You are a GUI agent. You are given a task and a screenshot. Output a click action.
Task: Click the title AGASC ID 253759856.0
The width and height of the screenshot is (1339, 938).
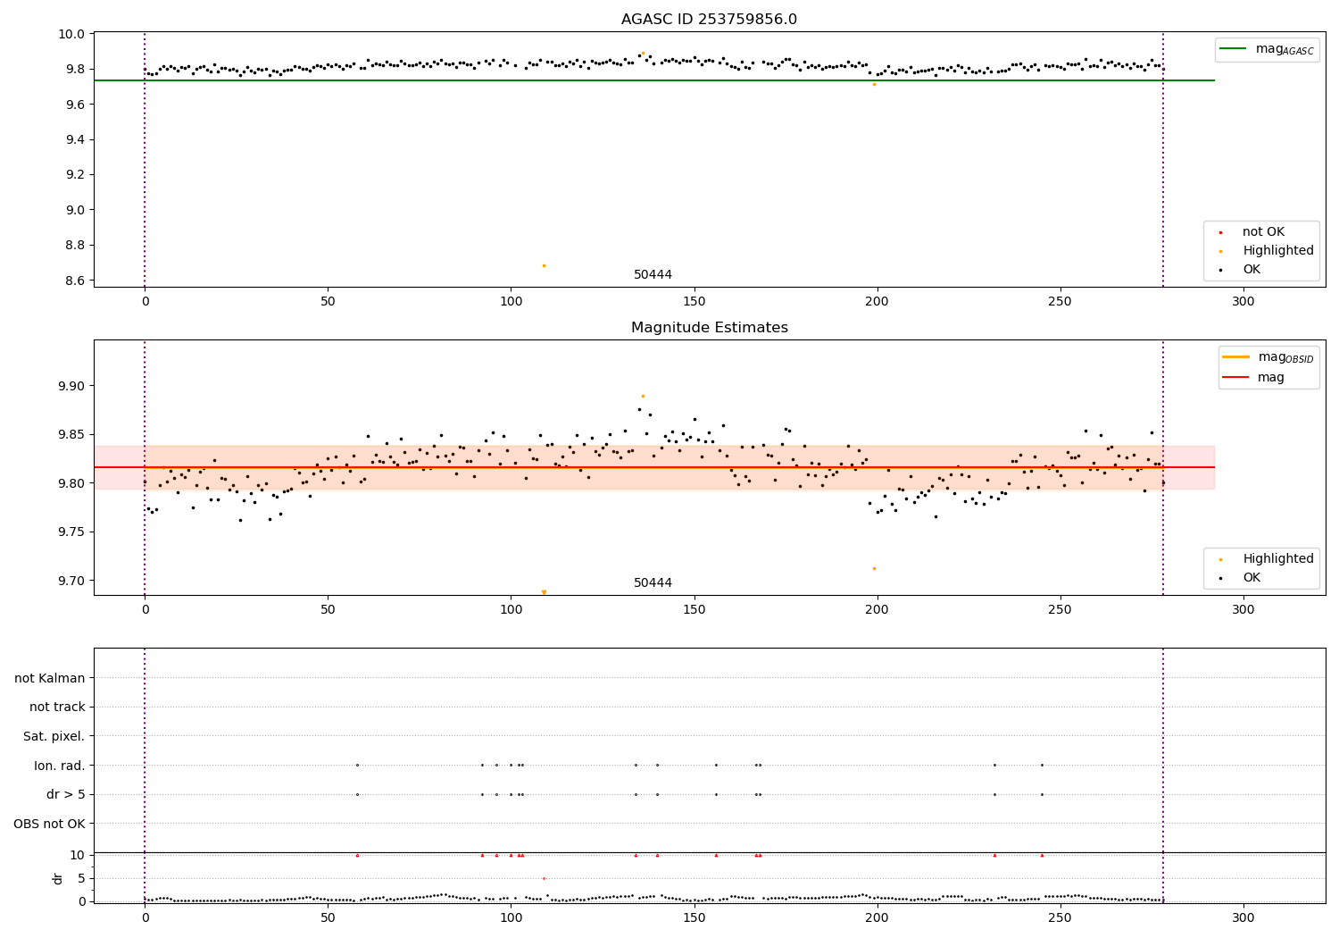coord(709,20)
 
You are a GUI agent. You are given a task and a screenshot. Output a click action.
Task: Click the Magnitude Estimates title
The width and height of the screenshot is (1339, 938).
coord(709,328)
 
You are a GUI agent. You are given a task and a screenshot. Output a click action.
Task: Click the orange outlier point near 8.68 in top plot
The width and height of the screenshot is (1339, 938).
coord(544,265)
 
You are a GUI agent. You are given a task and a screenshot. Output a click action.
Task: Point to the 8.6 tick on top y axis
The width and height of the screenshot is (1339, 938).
coord(74,281)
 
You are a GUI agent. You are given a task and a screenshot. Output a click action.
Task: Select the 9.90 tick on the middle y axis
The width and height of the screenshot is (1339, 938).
coord(71,386)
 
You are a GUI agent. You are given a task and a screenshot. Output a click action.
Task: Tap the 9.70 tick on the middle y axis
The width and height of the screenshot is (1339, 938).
coord(71,581)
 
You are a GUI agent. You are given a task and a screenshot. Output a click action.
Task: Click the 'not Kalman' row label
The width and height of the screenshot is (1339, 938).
coord(50,678)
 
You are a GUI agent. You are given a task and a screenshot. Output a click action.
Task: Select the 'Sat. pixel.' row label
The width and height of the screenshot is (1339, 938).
coord(54,736)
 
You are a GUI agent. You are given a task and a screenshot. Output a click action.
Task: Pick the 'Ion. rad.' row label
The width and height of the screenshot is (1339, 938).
coord(60,766)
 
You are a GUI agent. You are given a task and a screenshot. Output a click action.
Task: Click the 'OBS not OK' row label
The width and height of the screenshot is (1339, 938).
coord(50,824)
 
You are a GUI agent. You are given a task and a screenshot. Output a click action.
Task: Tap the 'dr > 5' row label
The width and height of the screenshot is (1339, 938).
coord(66,794)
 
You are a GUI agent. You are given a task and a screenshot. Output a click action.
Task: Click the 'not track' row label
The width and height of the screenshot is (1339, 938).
coord(57,707)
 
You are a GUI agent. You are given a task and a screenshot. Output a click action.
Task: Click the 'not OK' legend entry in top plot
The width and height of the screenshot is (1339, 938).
coord(1263,232)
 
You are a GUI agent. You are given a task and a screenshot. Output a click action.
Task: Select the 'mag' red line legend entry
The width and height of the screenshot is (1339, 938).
coord(1271,377)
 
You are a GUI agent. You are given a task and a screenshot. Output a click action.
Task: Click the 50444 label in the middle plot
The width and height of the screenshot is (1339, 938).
coord(653,583)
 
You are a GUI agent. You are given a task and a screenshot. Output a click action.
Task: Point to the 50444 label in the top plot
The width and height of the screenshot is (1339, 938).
coord(653,275)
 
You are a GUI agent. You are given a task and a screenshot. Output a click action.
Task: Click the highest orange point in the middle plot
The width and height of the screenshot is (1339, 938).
coord(643,396)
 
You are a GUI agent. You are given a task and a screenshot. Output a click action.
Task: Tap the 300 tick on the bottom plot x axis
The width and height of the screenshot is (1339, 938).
coord(1243,917)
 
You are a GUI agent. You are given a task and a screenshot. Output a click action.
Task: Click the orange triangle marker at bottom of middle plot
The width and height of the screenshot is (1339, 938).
coord(544,592)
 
